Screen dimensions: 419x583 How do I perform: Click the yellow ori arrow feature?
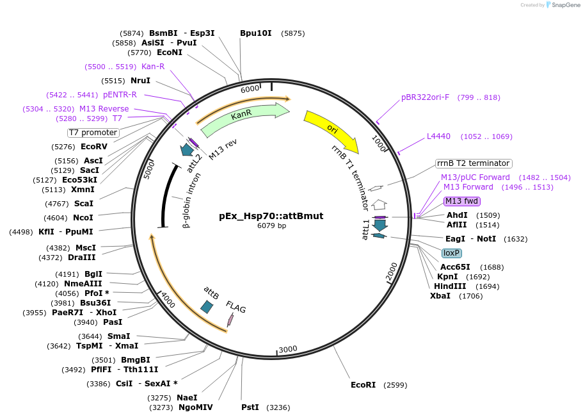point(331,131)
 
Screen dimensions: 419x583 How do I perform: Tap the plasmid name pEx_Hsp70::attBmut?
point(271,216)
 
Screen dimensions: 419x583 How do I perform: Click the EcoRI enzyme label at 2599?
point(363,385)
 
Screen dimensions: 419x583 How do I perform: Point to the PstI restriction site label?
point(250,407)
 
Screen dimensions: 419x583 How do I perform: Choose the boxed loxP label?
point(451,253)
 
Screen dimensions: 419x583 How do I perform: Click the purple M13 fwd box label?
point(462,201)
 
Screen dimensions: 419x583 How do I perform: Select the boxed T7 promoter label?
point(93,133)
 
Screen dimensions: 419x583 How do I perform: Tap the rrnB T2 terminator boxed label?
point(473,163)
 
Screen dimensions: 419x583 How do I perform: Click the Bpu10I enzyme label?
point(255,33)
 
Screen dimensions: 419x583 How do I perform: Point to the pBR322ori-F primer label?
point(425,97)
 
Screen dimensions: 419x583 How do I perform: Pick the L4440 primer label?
point(438,136)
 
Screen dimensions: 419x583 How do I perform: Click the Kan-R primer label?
point(153,67)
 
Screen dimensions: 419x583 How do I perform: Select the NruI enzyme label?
point(140,81)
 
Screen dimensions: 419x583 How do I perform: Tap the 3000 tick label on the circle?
point(288,349)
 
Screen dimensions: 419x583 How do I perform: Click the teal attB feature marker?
point(207,307)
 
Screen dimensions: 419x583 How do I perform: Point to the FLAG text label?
point(236,308)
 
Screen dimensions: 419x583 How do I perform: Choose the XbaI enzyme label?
point(440,296)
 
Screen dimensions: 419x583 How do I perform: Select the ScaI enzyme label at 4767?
point(83,204)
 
